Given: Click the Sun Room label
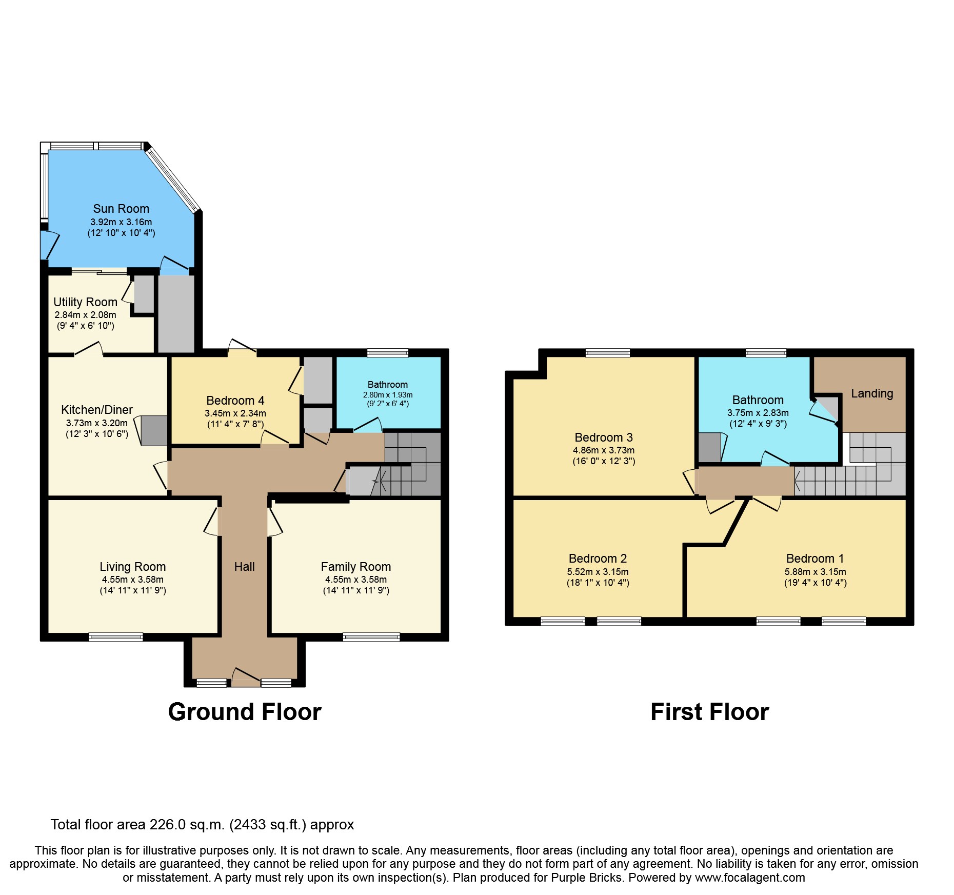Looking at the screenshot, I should pyautogui.click(x=121, y=209).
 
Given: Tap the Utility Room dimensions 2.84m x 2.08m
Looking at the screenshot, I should pyautogui.click(x=85, y=315).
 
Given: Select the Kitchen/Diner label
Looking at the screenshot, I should pyautogui.click(x=96, y=410).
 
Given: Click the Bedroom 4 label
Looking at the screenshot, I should pyautogui.click(x=235, y=401).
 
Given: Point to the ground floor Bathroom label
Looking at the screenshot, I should pyautogui.click(x=387, y=385).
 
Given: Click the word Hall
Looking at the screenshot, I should pyautogui.click(x=244, y=567).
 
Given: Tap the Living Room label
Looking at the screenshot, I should pyautogui.click(x=132, y=567).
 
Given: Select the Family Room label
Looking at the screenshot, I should pyautogui.click(x=355, y=567).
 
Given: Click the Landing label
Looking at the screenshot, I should pyautogui.click(x=871, y=393).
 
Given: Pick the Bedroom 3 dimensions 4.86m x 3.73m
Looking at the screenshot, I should pyautogui.click(x=603, y=450).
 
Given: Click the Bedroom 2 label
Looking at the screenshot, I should pyautogui.click(x=598, y=559).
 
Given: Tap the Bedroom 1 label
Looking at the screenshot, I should pyautogui.click(x=814, y=559).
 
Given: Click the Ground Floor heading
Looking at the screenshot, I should pyautogui.click(x=245, y=712).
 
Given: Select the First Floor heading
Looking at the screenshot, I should pyautogui.click(x=709, y=712).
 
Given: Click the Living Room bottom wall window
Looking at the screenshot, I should pyautogui.click(x=116, y=637).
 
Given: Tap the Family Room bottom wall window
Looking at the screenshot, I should pyautogui.click(x=371, y=637).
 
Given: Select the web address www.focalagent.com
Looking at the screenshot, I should pyautogui.click(x=749, y=878).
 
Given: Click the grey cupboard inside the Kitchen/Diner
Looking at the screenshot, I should pyautogui.click(x=154, y=430).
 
